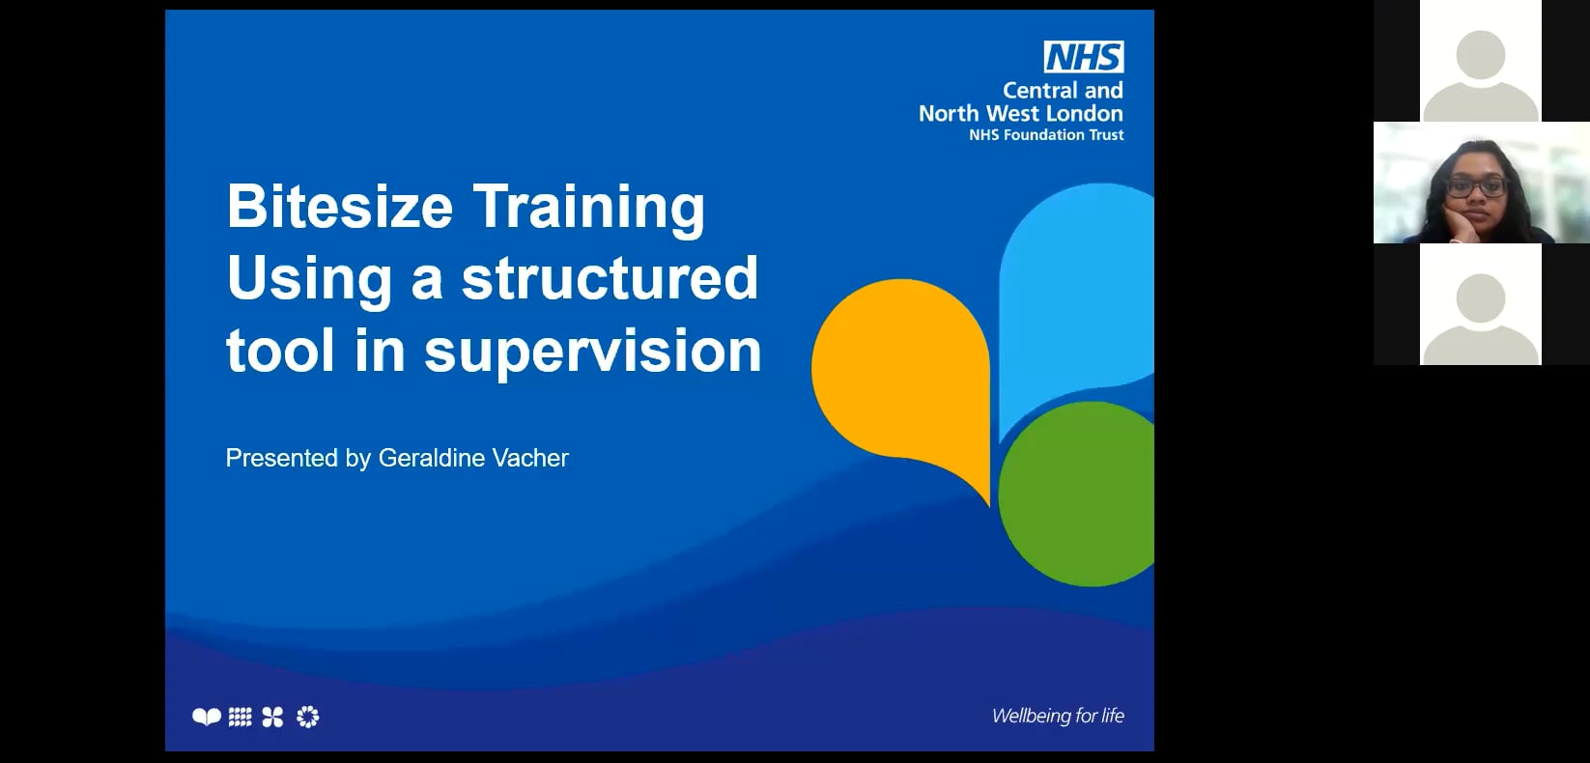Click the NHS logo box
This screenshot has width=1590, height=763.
tap(1083, 57)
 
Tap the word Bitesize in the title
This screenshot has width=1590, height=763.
tap(339, 207)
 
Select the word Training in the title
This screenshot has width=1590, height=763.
tap(588, 209)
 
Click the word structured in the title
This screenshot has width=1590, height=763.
tap(610, 278)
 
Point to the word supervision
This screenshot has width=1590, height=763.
tap(592, 350)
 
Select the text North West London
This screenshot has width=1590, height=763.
tap(1020, 113)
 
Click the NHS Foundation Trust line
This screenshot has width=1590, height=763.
tap(1046, 135)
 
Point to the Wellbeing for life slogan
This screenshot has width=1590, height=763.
tap(1058, 716)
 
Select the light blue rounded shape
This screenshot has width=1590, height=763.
tap(1072, 290)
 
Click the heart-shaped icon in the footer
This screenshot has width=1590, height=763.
tap(206, 717)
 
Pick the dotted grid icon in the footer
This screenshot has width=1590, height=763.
tap(240, 717)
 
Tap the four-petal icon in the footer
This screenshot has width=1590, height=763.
tap(272, 717)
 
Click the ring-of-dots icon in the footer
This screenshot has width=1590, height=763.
tap(307, 717)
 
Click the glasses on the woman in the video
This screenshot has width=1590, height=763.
tap(1477, 186)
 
